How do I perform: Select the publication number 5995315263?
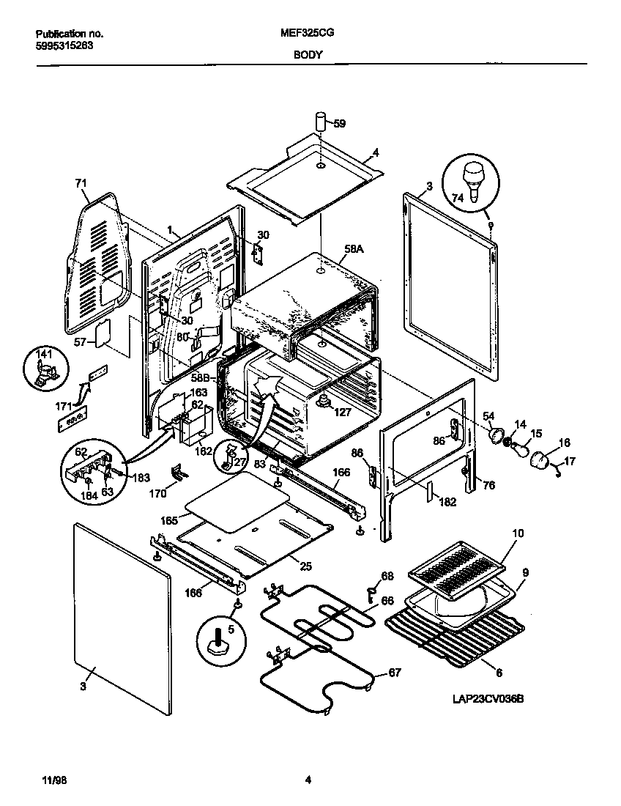click(64, 45)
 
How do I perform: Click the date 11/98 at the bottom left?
click(45, 780)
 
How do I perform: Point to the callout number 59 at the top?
click(339, 124)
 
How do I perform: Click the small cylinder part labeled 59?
click(321, 122)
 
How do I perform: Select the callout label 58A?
click(354, 250)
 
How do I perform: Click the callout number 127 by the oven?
click(343, 412)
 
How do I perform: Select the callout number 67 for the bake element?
click(394, 673)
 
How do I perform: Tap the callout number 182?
click(447, 502)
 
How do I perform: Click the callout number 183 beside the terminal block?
click(141, 478)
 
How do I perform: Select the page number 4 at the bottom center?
click(308, 780)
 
